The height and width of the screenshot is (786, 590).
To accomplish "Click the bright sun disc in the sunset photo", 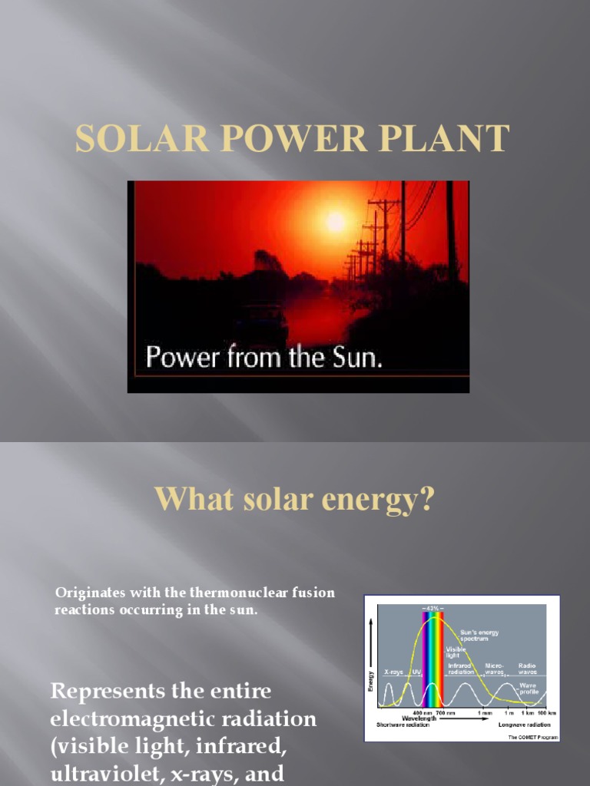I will (x=335, y=222).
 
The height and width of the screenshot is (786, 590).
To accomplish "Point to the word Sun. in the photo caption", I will (x=356, y=358).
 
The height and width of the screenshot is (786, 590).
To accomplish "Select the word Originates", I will (x=85, y=593).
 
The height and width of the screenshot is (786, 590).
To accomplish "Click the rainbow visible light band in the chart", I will (x=433, y=659).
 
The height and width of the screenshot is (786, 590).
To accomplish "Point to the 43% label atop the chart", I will (x=433, y=607).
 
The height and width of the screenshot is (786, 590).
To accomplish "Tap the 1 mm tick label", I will (x=484, y=713).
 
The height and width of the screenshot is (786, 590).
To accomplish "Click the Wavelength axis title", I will (x=421, y=718).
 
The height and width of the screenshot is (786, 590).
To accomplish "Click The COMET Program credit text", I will (x=532, y=737).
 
